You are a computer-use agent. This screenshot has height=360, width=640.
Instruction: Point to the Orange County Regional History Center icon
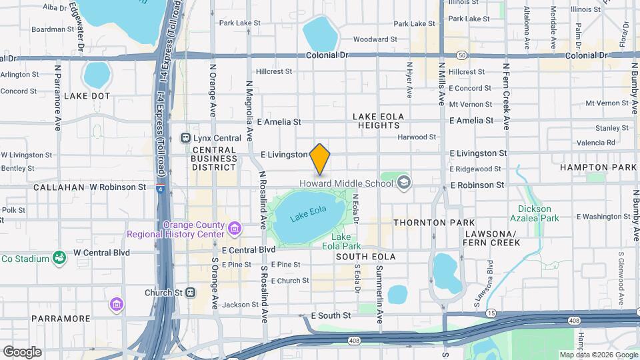(234, 229)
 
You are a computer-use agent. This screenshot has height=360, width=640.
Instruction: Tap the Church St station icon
(190, 292)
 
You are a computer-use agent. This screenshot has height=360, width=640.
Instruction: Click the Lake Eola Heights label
(379, 121)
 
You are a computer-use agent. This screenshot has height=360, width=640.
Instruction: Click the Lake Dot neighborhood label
(87, 96)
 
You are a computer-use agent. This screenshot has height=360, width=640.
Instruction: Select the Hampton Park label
(598, 167)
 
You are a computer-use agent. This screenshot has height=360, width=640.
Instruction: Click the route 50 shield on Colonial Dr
(461, 55)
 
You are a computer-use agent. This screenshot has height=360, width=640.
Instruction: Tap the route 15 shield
(491, 313)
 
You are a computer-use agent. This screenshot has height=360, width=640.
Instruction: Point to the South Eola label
(365, 257)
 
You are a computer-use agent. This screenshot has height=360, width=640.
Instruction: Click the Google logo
(22, 351)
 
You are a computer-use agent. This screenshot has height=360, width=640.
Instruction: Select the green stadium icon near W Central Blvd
(59, 258)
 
